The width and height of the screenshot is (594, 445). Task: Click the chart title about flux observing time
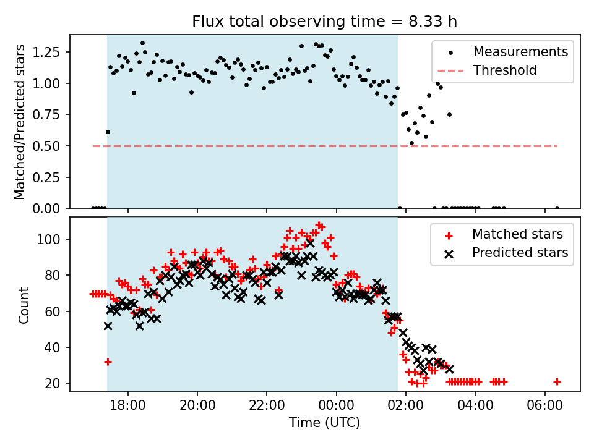(325, 22)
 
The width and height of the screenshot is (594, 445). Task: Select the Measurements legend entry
(520, 52)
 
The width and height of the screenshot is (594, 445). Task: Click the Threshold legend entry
(505, 70)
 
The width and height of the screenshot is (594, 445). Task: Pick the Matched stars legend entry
(517, 234)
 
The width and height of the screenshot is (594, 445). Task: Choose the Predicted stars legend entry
(520, 252)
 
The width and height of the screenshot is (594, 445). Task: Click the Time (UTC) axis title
(325, 423)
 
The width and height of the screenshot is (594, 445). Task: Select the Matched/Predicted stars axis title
(20, 122)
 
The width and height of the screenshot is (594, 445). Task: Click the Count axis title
(24, 304)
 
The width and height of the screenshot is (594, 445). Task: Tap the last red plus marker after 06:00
(557, 381)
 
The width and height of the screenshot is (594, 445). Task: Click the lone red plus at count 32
(108, 362)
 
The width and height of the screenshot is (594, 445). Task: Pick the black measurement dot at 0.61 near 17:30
(108, 132)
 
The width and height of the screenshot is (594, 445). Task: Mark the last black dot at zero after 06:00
(557, 208)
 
